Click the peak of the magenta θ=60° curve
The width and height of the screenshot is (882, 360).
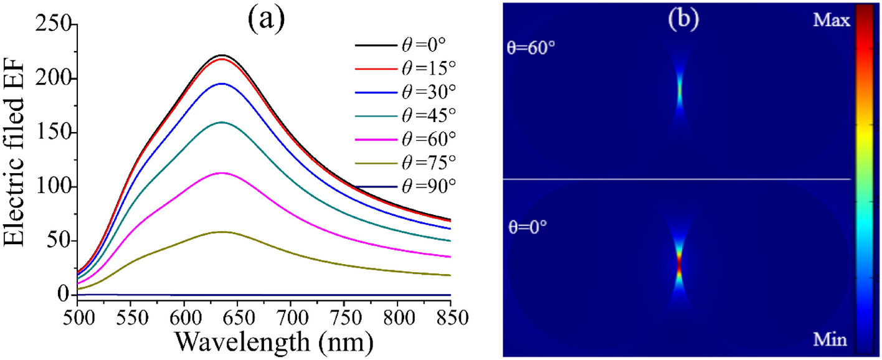tap(222, 173)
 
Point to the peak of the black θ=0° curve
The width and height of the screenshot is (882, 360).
tap(222, 55)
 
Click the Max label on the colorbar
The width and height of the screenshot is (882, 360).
tap(830, 21)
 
